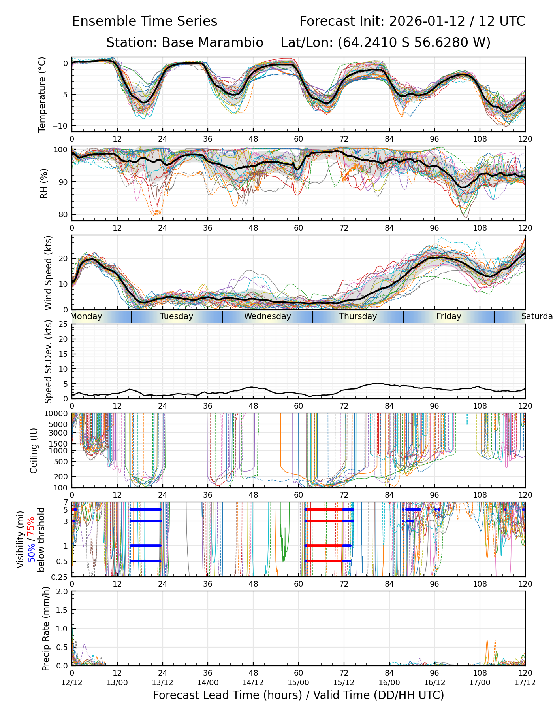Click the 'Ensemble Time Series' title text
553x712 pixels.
pyautogui.click(x=145, y=21)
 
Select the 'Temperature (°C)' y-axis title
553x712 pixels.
pyautogui.click(x=42, y=94)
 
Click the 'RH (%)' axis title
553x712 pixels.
pyautogui.click(x=44, y=183)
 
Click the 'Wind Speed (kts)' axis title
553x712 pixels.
pyautogui.click(x=48, y=273)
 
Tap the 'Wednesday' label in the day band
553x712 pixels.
pyautogui.click(x=267, y=316)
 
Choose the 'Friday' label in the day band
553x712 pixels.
pyautogui.click(x=449, y=316)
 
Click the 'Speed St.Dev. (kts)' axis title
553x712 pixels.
pyautogui.click(x=48, y=362)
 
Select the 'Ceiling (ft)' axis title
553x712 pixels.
pyautogui.click(x=34, y=451)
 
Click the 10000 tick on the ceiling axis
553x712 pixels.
pyautogui.click(x=58, y=413)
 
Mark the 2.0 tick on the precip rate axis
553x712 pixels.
pyautogui.click(x=62, y=591)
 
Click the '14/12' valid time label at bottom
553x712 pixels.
pyautogui.click(x=253, y=683)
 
